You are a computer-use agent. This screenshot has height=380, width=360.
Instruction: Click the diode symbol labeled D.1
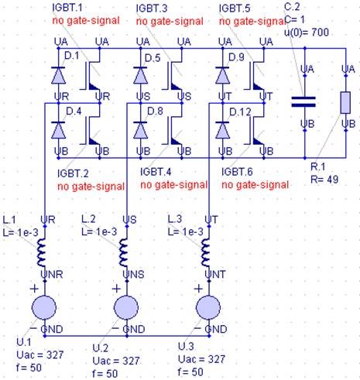coord(57,74)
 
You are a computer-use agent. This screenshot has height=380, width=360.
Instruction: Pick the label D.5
coord(152,58)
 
